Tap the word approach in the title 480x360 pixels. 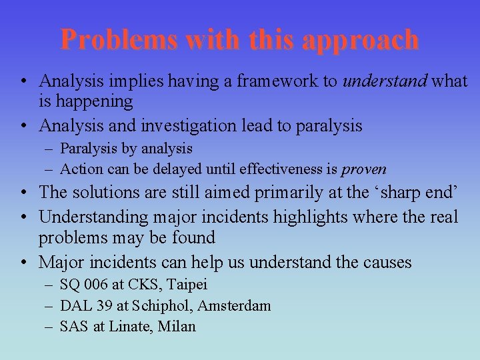pyautogui.click(x=360, y=41)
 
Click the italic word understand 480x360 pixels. pyautogui.click(x=385, y=81)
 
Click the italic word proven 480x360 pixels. pyautogui.click(x=364, y=169)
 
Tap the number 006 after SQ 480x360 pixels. pyautogui.click(x=95, y=285)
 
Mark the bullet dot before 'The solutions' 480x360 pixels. pyautogui.click(x=23, y=193)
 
